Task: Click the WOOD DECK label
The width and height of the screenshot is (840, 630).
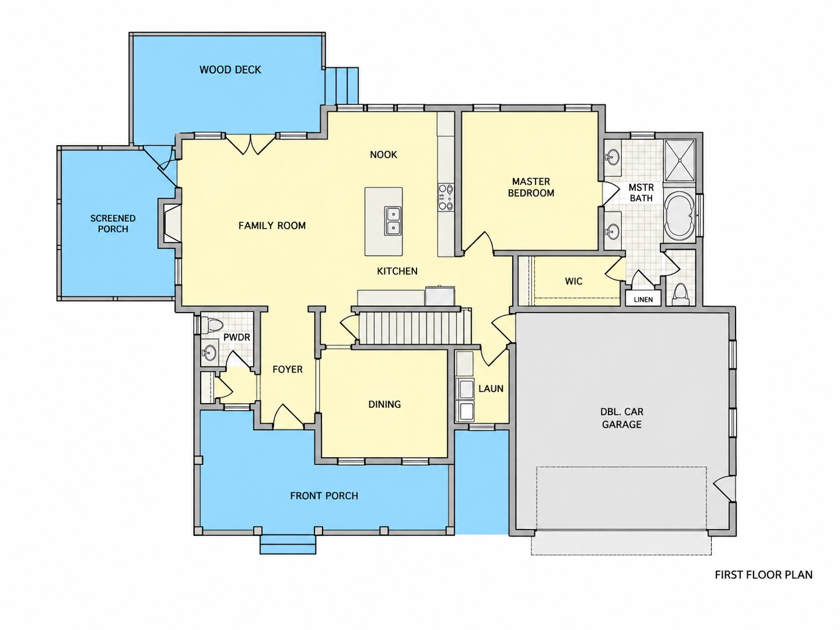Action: [x=230, y=70]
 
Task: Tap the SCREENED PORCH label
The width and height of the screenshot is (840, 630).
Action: [x=113, y=223]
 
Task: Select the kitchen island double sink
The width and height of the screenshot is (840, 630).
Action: [x=393, y=221]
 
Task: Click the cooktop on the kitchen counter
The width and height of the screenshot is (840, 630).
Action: [x=446, y=197]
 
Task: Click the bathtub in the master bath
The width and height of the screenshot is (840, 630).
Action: [x=680, y=216]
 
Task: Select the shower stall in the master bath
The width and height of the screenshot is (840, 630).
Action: [x=680, y=160]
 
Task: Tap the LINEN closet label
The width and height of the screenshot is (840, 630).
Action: [x=643, y=299]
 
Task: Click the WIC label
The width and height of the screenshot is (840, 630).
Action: [x=574, y=281]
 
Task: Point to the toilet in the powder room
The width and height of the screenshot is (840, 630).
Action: [x=212, y=325]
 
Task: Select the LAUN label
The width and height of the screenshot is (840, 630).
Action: [x=491, y=389]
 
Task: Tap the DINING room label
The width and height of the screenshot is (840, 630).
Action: [x=385, y=404]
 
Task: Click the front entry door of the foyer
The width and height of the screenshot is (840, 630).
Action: [x=288, y=417]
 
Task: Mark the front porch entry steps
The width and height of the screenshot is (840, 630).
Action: [x=288, y=544]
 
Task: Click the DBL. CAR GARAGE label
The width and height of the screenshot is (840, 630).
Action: [x=622, y=418]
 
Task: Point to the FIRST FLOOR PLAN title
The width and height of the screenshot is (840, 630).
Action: [x=763, y=575]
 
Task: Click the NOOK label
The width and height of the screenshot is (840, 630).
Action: [x=383, y=154]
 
